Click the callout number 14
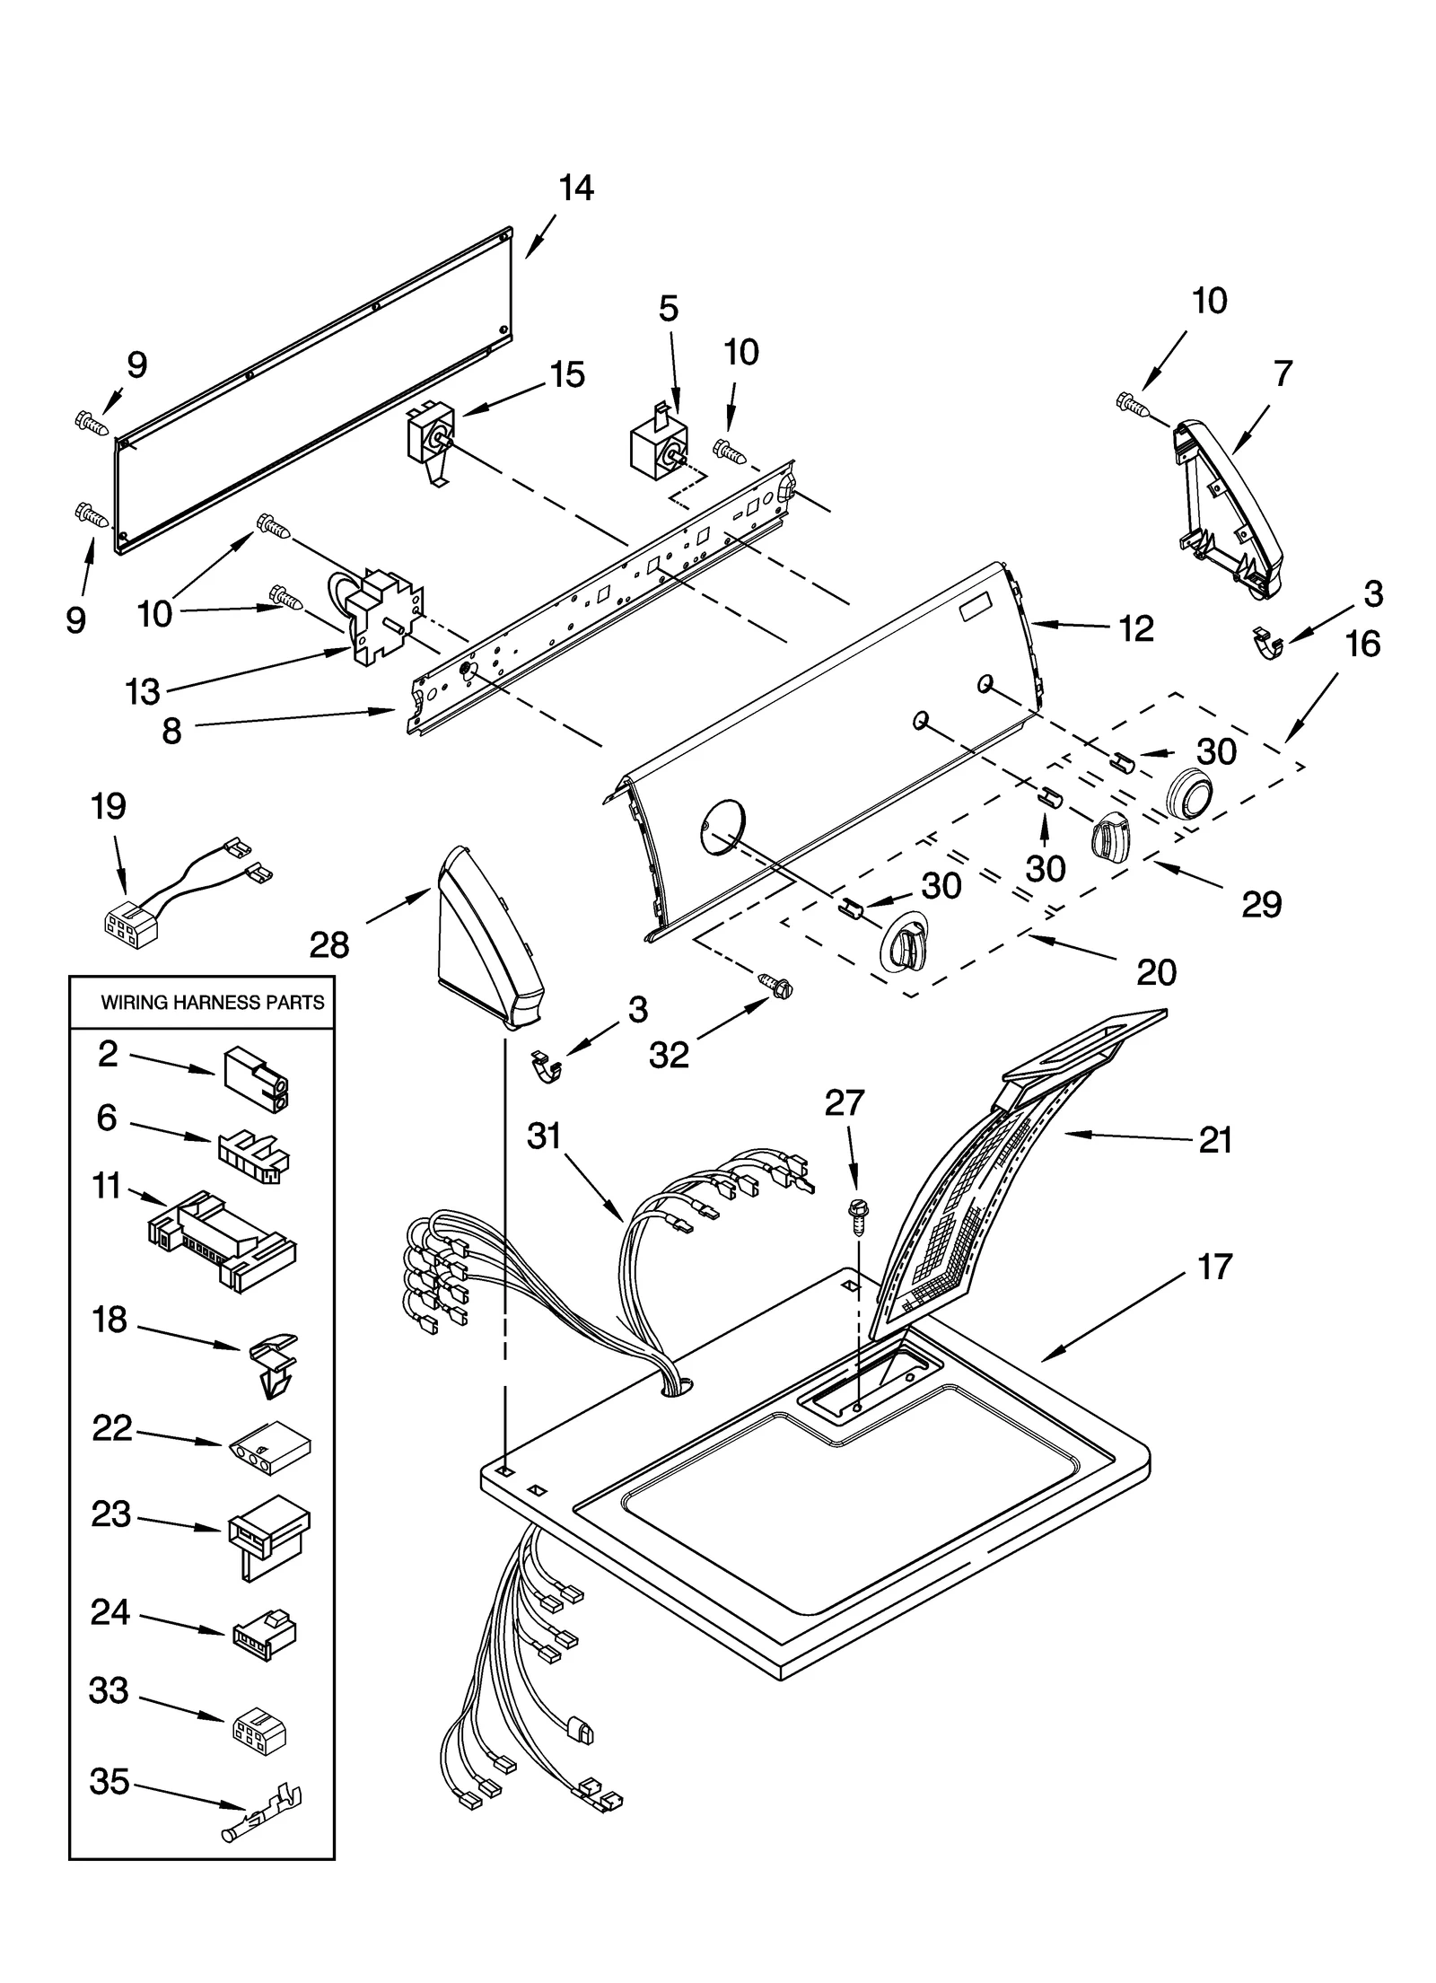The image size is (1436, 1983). pyautogui.click(x=575, y=189)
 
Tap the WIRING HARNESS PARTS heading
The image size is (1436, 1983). pyautogui.click(x=212, y=1003)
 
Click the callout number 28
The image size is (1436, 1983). pyautogui.click(x=328, y=944)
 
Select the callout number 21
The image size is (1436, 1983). pyautogui.click(x=1215, y=1140)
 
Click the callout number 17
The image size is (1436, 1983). pyautogui.click(x=1214, y=1268)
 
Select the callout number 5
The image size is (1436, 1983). pyautogui.click(x=669, y=308)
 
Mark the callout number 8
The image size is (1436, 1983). pyautogui.click(x=171, y=731)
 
